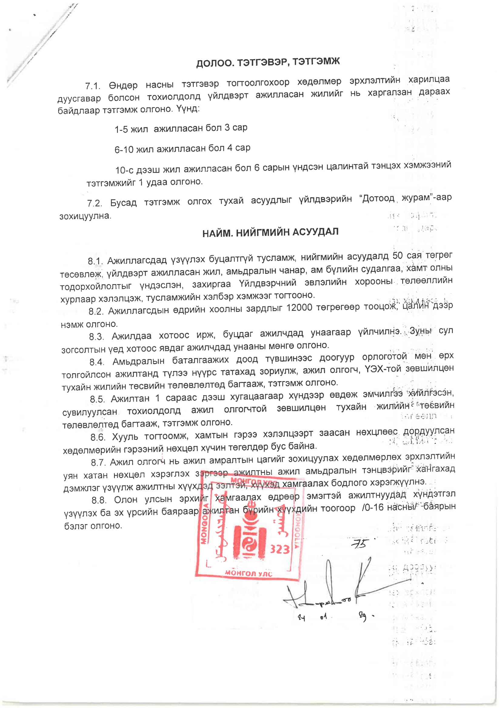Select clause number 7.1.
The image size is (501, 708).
93,86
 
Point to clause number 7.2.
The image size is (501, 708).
94,203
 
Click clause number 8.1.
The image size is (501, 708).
95,261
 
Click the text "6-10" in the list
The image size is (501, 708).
124,150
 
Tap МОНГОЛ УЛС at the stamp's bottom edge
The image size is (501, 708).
249,573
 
